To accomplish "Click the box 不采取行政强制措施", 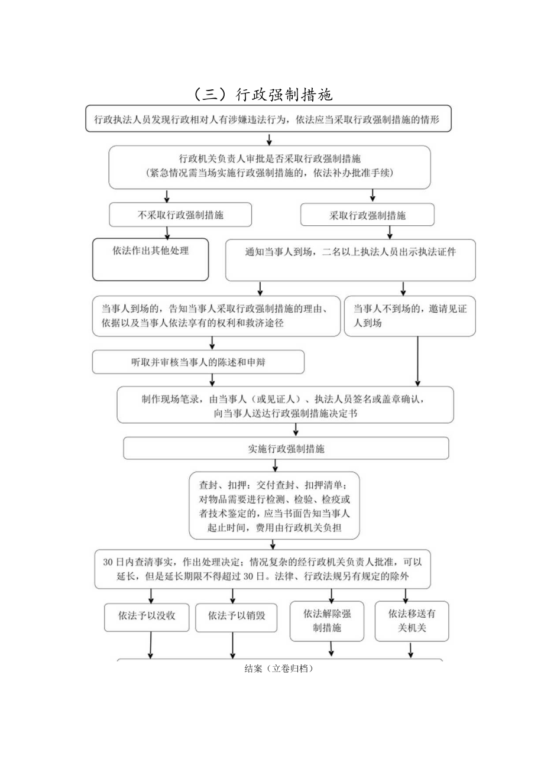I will pyautogui.click(x=180, y=215).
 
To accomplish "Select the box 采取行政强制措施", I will pyautogui.click(x=367, y=215).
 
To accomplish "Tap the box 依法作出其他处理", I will pyautogui.click(x=151, y=259).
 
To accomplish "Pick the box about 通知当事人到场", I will pyautogui.click(x=350, y=260).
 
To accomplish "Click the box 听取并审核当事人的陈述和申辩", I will pyautogui.click(x=198, y=362).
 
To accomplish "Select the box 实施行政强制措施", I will pyautogui.click(x=286, y=448).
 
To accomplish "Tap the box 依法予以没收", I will pyautogui.click(x=145, y=615).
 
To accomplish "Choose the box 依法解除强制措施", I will pyautogui.click(x=326, y=621).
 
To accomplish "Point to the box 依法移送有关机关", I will pyautogui.click(x=412, y=621).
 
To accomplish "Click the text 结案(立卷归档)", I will pyautogui.click(x=278, y=669).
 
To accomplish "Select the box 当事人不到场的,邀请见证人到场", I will pyautogui.click(x=409, y=316).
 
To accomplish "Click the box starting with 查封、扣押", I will pyautogui.click(x=274, y=505).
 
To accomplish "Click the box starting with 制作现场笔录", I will pyautogui.click(x=285, y=405).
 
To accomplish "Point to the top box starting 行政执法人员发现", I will pyautogui.click(x=268, y=119).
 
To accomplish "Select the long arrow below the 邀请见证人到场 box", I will pyautogui.click(x=417, y=361).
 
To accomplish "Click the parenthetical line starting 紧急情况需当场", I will pyautogui.click(x=269, y=174).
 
